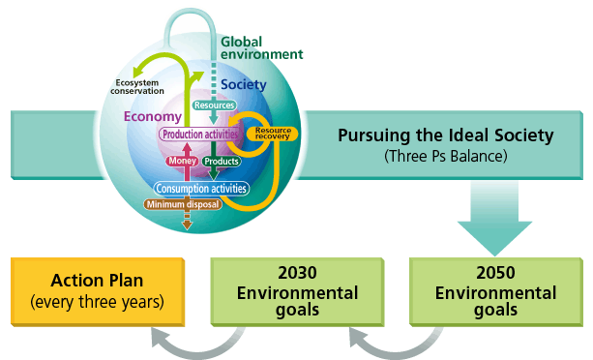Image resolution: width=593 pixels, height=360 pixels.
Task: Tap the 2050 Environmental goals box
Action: (496, 290)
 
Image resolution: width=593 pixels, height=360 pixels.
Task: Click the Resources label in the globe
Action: (213, 105)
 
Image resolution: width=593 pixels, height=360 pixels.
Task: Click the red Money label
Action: (183, 161)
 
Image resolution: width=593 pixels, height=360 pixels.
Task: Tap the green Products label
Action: (221, 161)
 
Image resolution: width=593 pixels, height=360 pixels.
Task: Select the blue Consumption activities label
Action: (201, 188)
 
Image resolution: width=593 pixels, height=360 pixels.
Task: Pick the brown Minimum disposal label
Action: (183, 204)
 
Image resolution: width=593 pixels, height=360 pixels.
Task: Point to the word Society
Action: (243, 84)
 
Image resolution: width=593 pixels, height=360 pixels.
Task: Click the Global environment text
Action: (260, 48)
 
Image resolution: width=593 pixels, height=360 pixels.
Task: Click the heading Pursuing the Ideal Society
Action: (445, 135)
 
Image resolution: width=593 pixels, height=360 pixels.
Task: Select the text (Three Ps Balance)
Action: (445, 155)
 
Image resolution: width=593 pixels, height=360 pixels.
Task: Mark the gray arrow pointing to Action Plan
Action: (193, 340)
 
